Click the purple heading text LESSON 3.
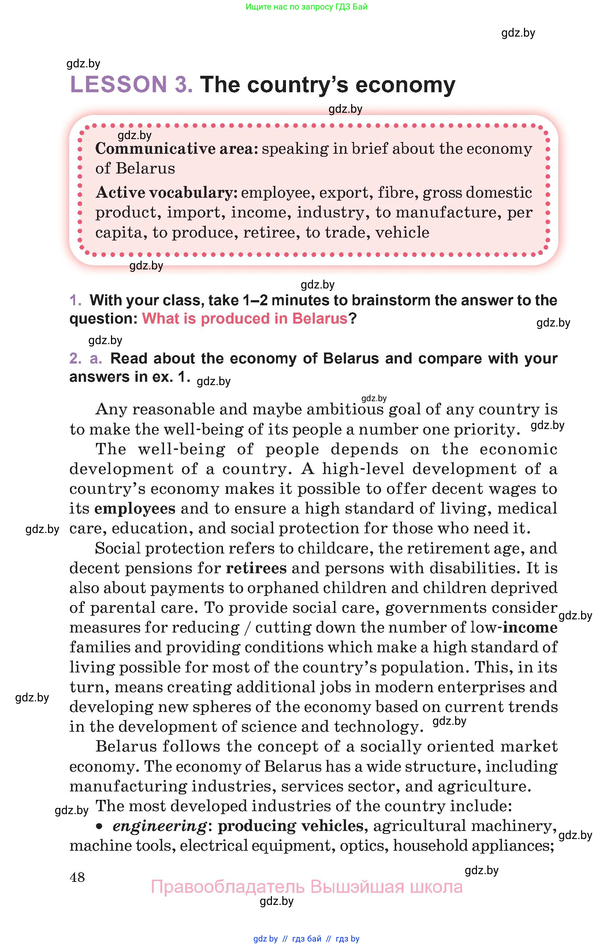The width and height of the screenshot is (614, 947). [131, 85]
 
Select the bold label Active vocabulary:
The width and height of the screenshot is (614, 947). [166, 193]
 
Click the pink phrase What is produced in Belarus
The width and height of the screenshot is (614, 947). [245, 319]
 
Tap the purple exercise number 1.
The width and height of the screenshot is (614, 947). [75, 301]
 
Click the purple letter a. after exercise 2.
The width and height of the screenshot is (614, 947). [96, 358]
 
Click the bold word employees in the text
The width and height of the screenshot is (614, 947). [135, 508]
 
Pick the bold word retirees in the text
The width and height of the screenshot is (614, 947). [256, 568]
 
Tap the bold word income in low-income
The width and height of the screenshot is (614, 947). [530, 627]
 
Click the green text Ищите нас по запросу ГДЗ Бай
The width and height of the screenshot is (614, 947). [306, 7]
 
